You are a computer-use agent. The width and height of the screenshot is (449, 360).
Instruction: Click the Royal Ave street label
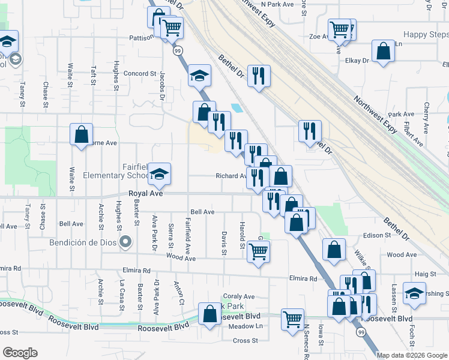(x=146, y=194)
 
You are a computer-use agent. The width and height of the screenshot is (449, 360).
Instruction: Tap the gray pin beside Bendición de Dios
(x=125, y=242)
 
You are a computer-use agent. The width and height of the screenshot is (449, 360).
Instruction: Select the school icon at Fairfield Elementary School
(x=160, y=174)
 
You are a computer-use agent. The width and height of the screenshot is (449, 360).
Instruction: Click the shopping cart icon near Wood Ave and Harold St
(x=258, y=251)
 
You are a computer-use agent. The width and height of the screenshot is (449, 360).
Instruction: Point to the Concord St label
(x=140, y=74)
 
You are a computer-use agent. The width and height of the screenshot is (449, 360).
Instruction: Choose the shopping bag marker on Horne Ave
(x=81, y=134)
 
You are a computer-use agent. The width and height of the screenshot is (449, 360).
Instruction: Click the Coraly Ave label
(x=239, y=296)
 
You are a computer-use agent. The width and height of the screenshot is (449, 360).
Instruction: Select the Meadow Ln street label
(x=246, y=326)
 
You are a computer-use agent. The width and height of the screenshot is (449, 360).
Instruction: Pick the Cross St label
(x=245, y=340)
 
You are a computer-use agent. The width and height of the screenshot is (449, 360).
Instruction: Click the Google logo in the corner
(x=20, y=353)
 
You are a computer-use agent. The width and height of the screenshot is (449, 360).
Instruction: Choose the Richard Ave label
(x=231, y=176)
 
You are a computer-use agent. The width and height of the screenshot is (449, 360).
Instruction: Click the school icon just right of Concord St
(x=200, y=76)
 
